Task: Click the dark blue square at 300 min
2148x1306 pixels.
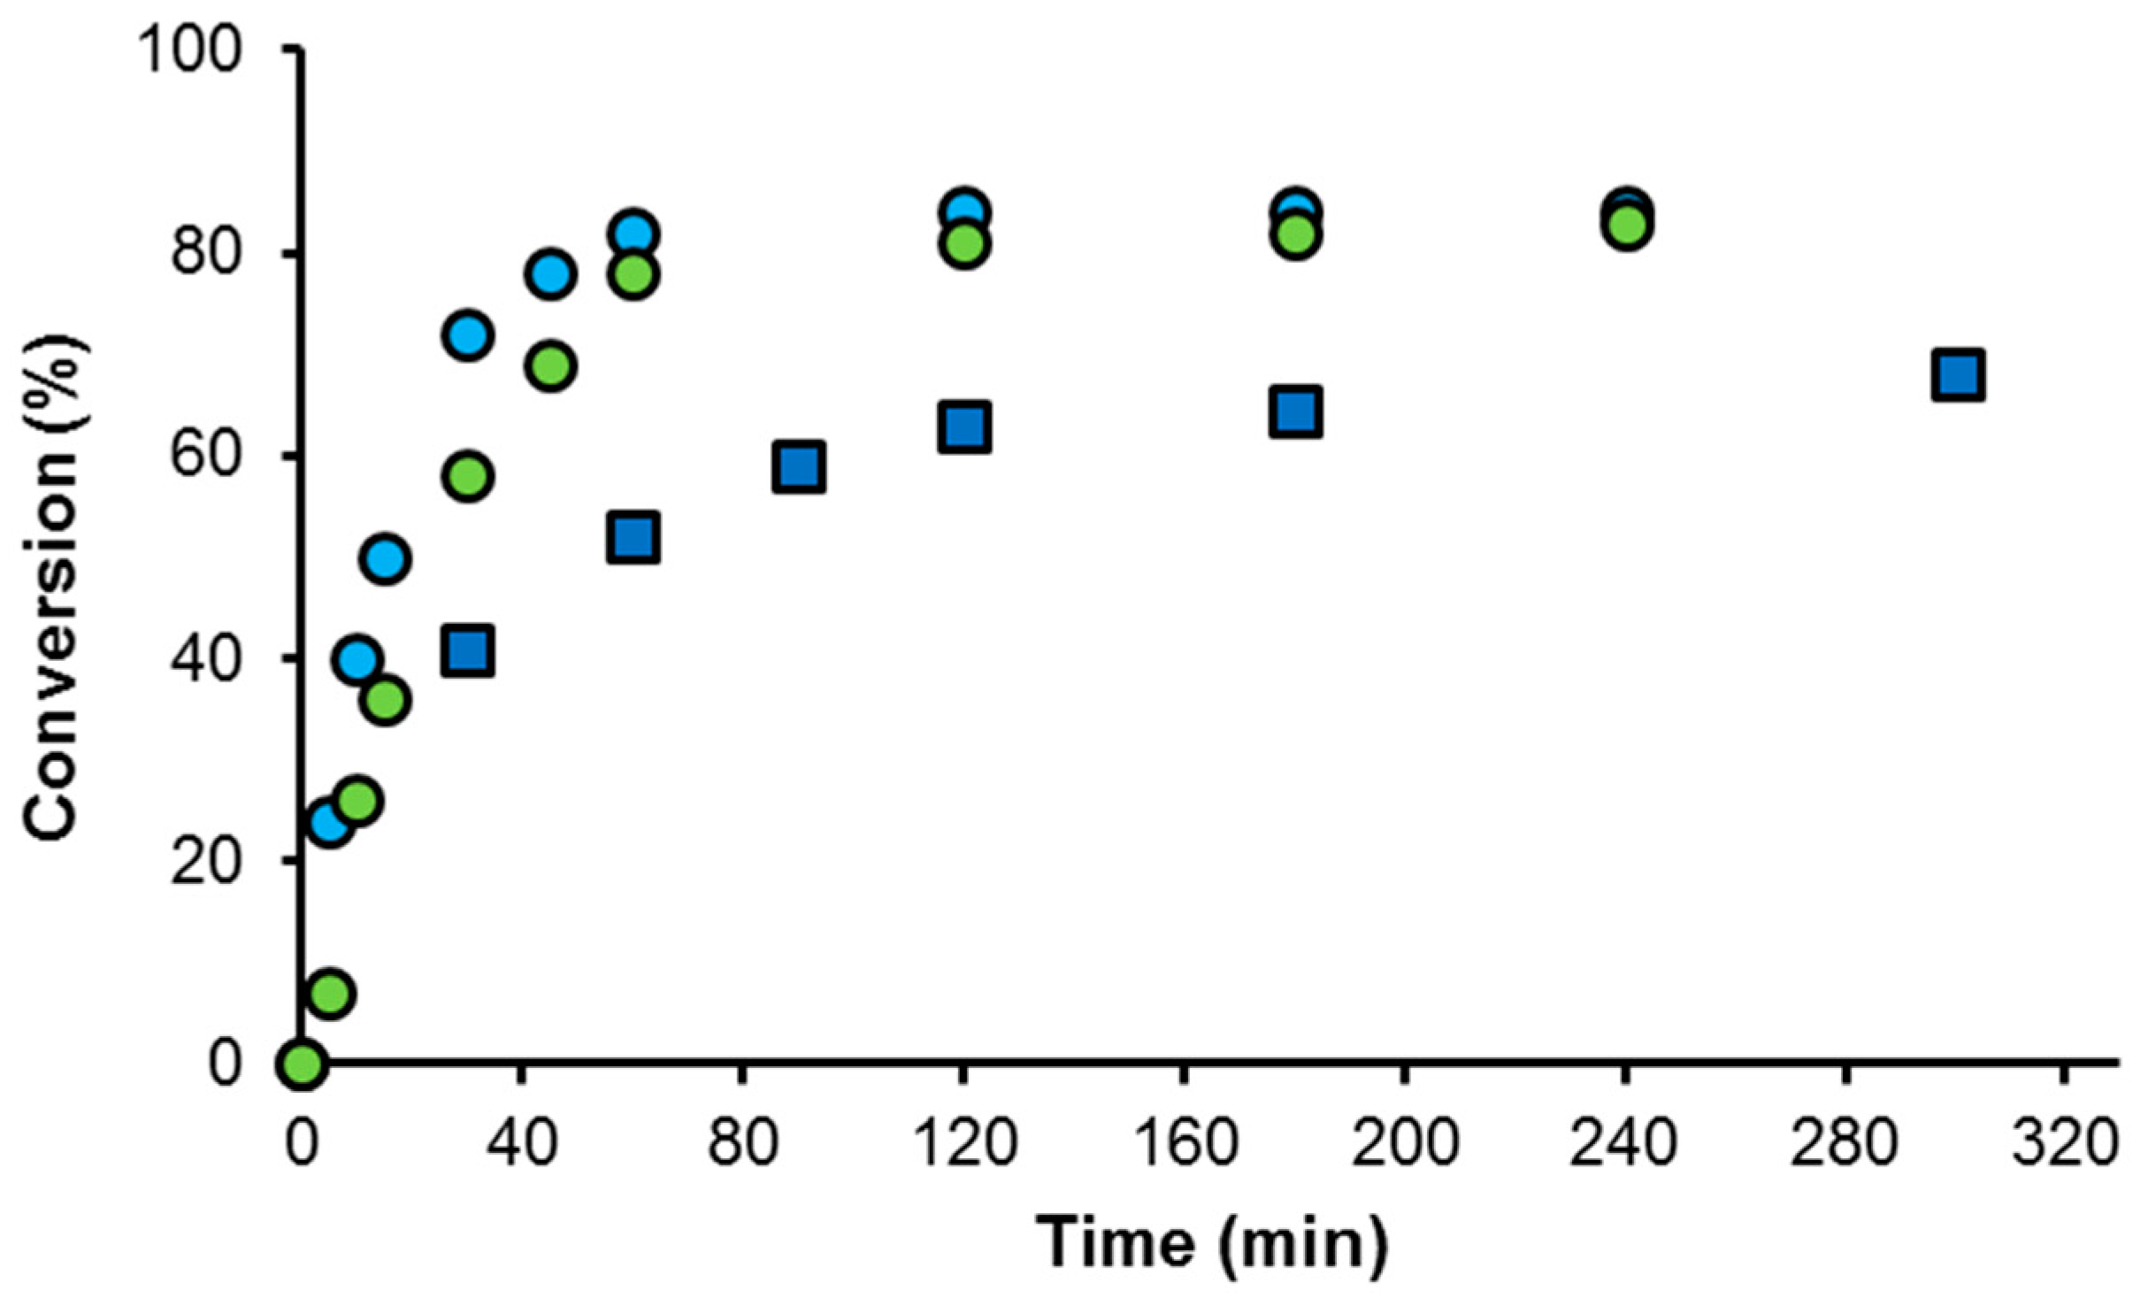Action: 1957,375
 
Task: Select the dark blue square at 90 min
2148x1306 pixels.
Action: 798,466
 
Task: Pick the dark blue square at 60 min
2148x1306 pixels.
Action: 633,537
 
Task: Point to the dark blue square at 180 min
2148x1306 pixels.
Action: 1295,411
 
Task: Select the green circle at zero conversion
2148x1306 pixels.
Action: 302,1063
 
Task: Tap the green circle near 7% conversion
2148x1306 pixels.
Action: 329,994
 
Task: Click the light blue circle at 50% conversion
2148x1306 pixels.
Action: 385,559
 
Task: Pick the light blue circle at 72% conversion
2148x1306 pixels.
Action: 467,335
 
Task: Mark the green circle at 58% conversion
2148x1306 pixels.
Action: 468,477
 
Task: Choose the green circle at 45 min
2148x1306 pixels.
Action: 550,365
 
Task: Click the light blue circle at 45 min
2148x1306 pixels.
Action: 550,274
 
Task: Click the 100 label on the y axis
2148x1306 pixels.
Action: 188,50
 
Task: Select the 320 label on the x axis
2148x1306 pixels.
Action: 2064,1142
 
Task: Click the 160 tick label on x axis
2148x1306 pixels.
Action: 1184,1142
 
